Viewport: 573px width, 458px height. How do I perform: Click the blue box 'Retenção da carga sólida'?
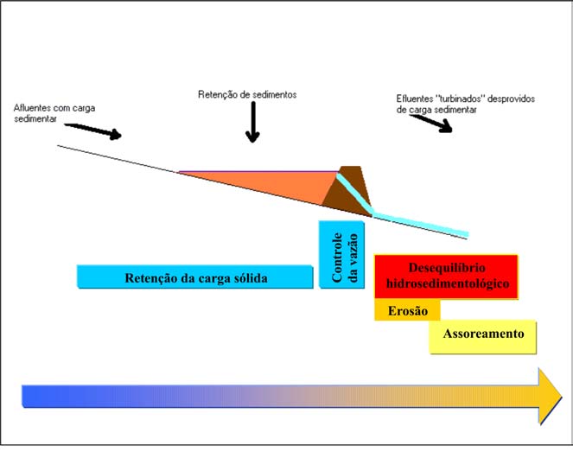pos(194,277)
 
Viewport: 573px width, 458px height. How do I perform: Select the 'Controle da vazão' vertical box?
pos(342,256)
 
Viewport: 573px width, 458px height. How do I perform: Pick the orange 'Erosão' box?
pos(407,310)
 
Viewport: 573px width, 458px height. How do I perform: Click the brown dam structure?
pos(349,191)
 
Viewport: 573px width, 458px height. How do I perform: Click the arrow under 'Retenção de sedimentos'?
pos(252,125)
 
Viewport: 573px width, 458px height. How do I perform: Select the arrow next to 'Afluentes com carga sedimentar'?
pos(96,130)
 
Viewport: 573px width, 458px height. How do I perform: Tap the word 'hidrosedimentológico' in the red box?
pos(446,283)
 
